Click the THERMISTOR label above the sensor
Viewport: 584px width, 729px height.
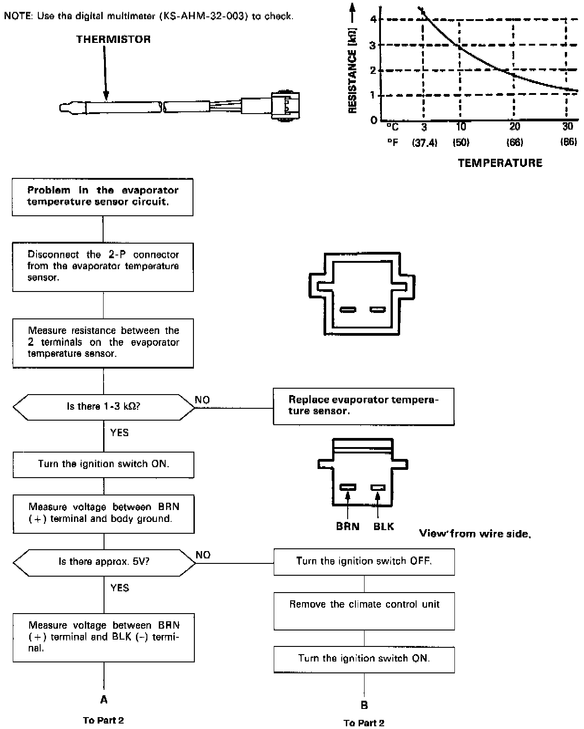click(x=113, y=39)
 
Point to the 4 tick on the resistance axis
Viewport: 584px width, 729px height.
click(x=374, y=19)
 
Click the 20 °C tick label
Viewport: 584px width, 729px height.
click(x=514, y=127)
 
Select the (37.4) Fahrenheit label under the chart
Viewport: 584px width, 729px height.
click(x=425, y=142)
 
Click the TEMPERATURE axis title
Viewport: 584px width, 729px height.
click(x=500, y=163)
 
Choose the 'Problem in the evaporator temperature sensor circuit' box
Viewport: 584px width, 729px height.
click(x=103, y=197)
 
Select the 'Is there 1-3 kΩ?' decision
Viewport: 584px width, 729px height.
click(x=104, y=406)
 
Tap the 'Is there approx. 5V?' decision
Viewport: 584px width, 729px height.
click(x=104, y=562)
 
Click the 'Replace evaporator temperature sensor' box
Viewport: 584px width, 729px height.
click(x=364, y=406)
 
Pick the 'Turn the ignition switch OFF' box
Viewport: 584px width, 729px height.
click(x=364, y=562)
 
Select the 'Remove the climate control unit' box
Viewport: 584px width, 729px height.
click(x=364, y=610)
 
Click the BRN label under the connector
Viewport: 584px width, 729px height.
click(x=348, y=526)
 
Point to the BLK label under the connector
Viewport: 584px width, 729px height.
click(x=383, y=526)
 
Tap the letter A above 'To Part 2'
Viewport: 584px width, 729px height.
click(x=104, y=699)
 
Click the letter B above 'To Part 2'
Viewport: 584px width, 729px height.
click(x=364, y=705)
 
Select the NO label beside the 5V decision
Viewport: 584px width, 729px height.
click(x=203, y=555)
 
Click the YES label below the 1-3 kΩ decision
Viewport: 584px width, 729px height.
click(x=120, y=432)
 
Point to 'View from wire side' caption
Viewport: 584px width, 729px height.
click(x=474, y=534)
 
